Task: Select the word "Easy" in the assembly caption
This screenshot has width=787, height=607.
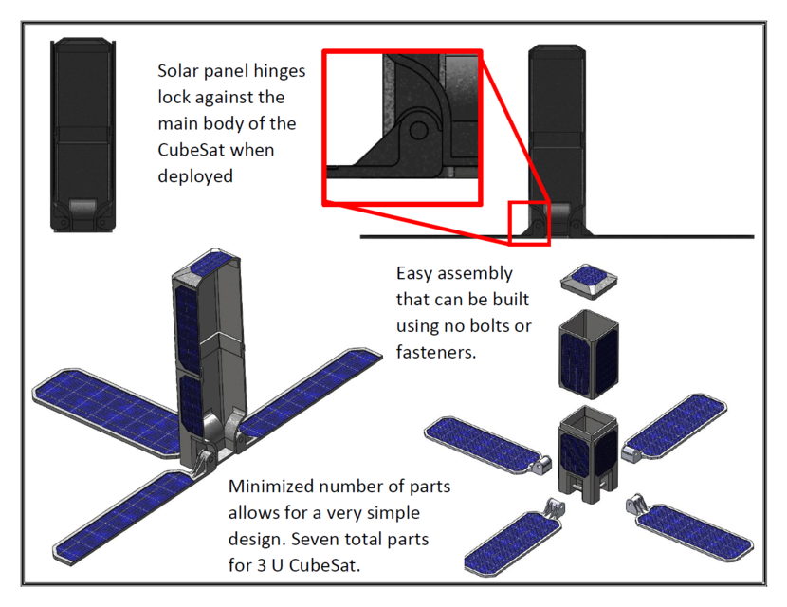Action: (x=415, y=274)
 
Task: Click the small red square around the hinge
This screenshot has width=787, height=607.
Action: (x=529, y=222)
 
